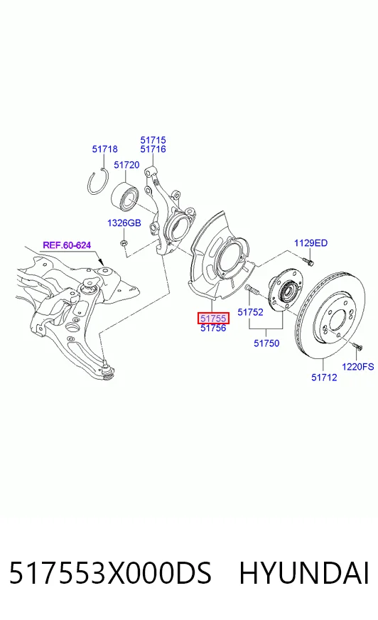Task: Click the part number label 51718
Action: [x=104, y=149]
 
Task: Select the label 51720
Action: [x=126, y=165]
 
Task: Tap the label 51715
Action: [x=153, y=140]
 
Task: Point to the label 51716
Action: [x=153, y=149]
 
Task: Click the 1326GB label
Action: [x=124, y=223]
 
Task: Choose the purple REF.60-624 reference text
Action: [x=67, y=245]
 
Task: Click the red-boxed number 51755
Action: [x=213, y=318]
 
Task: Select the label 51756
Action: [x=213, y=328]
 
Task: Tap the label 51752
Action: [x=250, y=312]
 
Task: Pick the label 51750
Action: [x=266, y=343]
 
